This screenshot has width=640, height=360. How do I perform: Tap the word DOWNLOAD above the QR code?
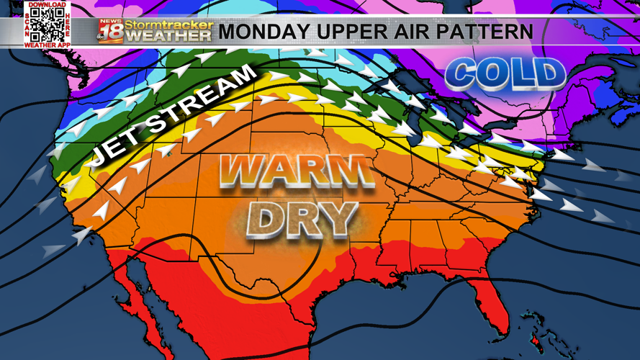[x=48, y=4]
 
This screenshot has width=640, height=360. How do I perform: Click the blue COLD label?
[x=505, y=73]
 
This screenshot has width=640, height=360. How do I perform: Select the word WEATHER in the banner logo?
[x=169, y=36]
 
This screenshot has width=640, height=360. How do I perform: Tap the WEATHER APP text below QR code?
[x=48, y=45]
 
